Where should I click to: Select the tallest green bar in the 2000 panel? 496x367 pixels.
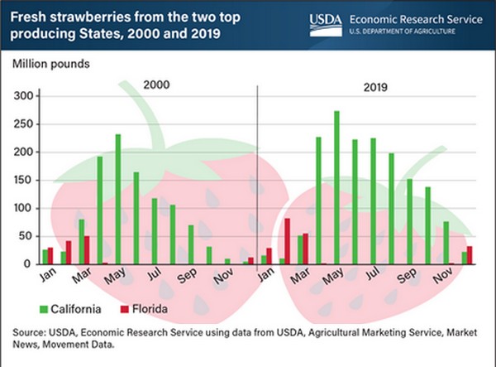point(118,199)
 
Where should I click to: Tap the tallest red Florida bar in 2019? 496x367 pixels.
point(287,241)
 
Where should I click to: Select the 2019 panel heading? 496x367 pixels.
point(376,85)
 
